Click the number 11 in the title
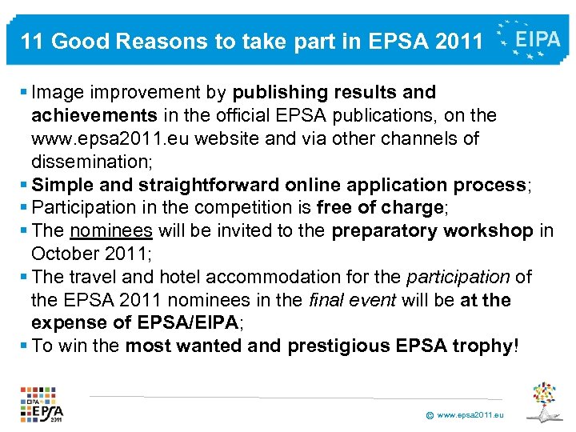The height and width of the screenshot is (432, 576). tap(32, 41)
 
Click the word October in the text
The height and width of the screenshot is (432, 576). tap(66, 254)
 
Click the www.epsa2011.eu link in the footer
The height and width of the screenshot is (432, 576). tap(470, 416)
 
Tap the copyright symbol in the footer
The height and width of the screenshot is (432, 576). tap(430, 416)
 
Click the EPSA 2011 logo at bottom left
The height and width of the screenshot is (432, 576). tap(42, 404)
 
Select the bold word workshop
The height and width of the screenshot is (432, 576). tap(494, 231)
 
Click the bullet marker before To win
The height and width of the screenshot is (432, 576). tap(24, 346)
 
